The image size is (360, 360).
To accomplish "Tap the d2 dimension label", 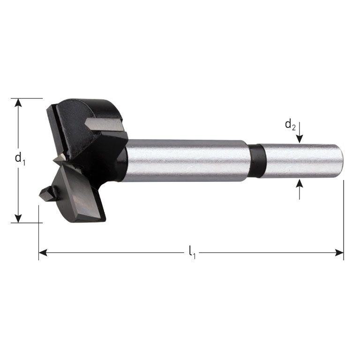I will (291, 125).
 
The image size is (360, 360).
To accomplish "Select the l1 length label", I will (192, 253).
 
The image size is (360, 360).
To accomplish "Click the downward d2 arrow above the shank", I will (300, 138).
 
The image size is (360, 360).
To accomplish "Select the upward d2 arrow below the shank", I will (300, 184).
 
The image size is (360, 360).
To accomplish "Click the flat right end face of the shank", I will (341, 161).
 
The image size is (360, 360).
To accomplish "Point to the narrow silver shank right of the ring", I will (300, 161).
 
